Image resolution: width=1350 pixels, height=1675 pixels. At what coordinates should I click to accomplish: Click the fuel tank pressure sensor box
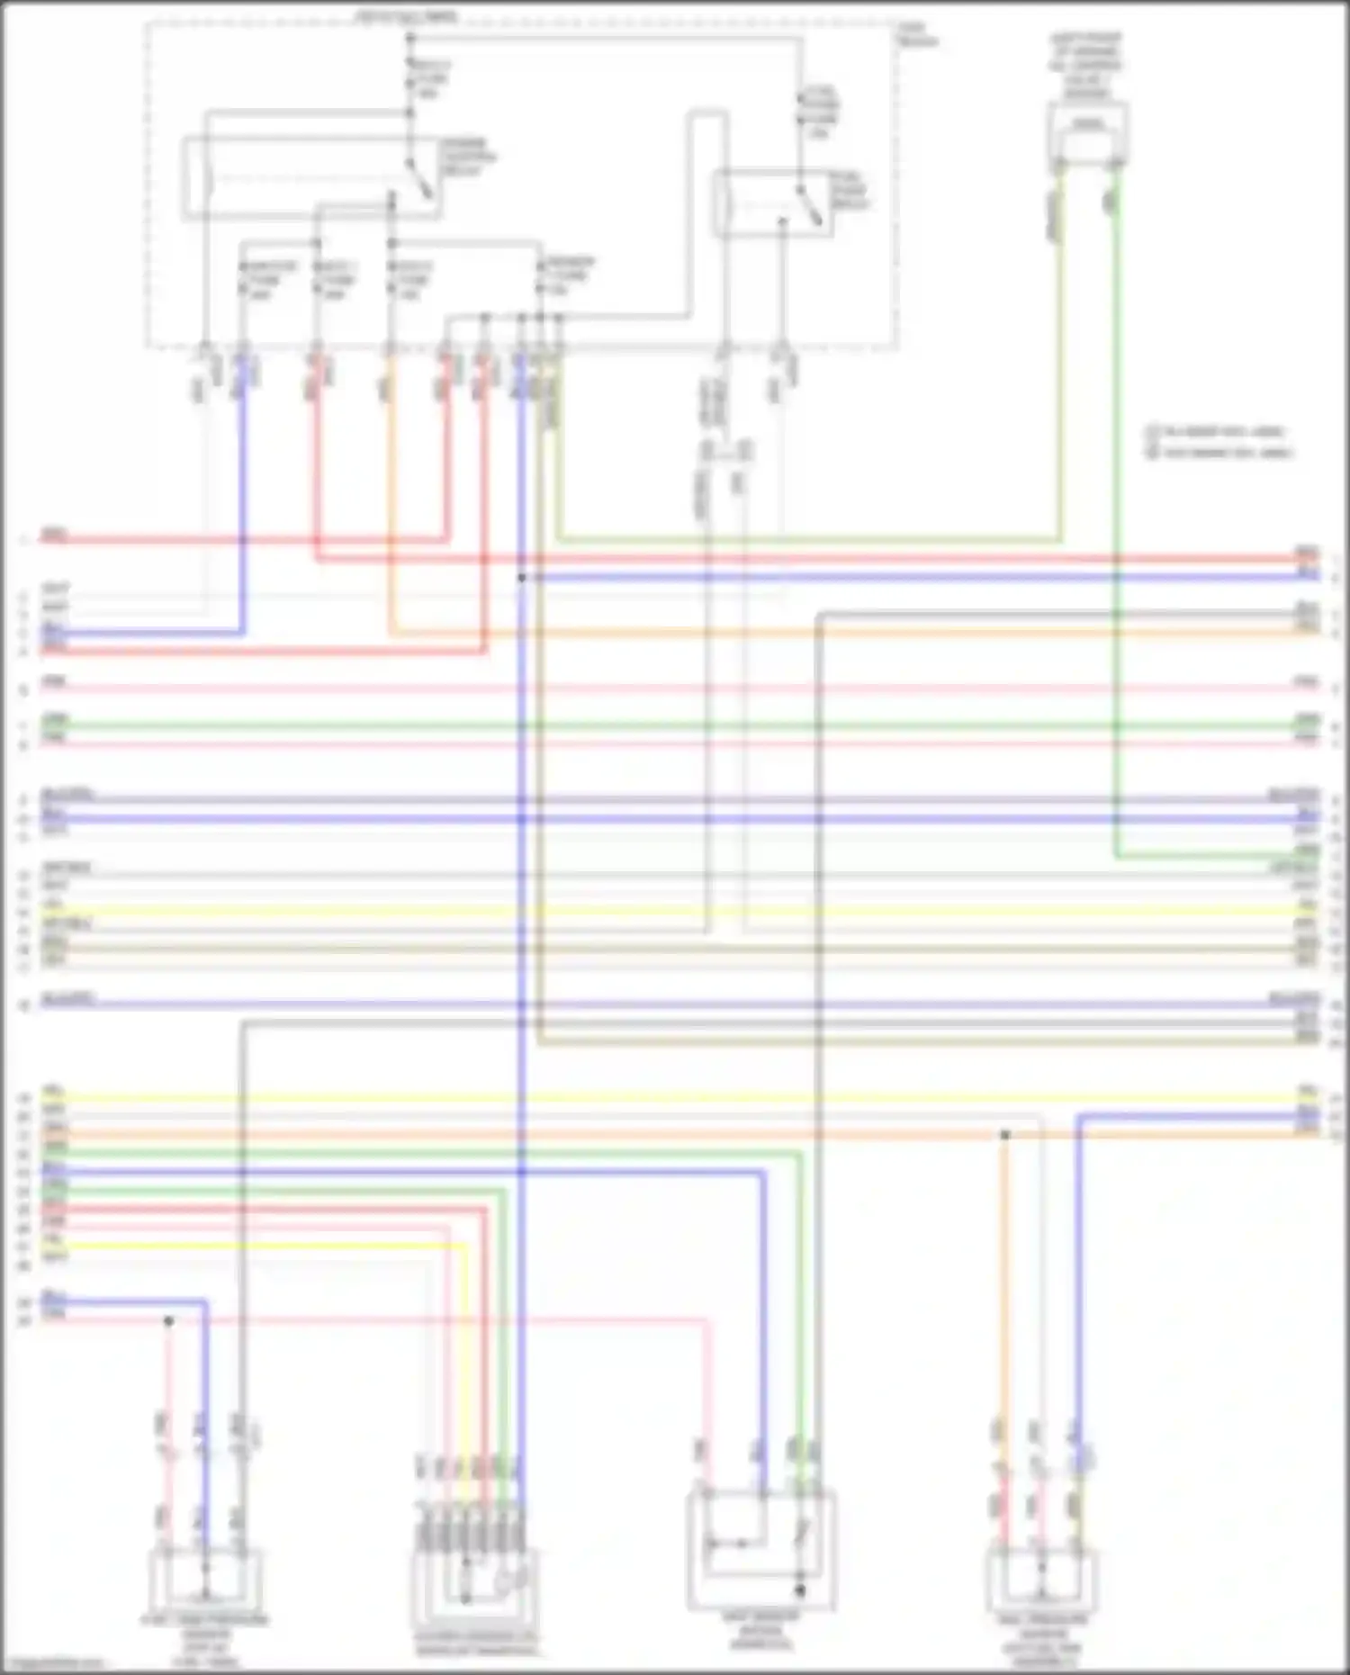click(206, 1580)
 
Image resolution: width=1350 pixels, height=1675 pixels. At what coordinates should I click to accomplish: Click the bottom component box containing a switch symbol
click(761, 1548)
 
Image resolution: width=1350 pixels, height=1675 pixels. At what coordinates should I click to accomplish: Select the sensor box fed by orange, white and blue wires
click(1041, 1580)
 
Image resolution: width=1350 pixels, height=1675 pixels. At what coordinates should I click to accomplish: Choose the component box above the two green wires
click(1088, 132)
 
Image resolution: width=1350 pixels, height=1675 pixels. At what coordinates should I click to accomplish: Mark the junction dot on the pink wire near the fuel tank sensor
click(168, 1320)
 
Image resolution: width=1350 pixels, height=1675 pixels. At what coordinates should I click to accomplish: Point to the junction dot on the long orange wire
click(1005, 1135)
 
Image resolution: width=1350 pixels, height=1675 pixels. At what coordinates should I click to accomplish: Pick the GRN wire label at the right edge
click(1307, 720)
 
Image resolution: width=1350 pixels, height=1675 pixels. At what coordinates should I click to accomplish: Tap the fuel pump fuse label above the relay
click(820, 112)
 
